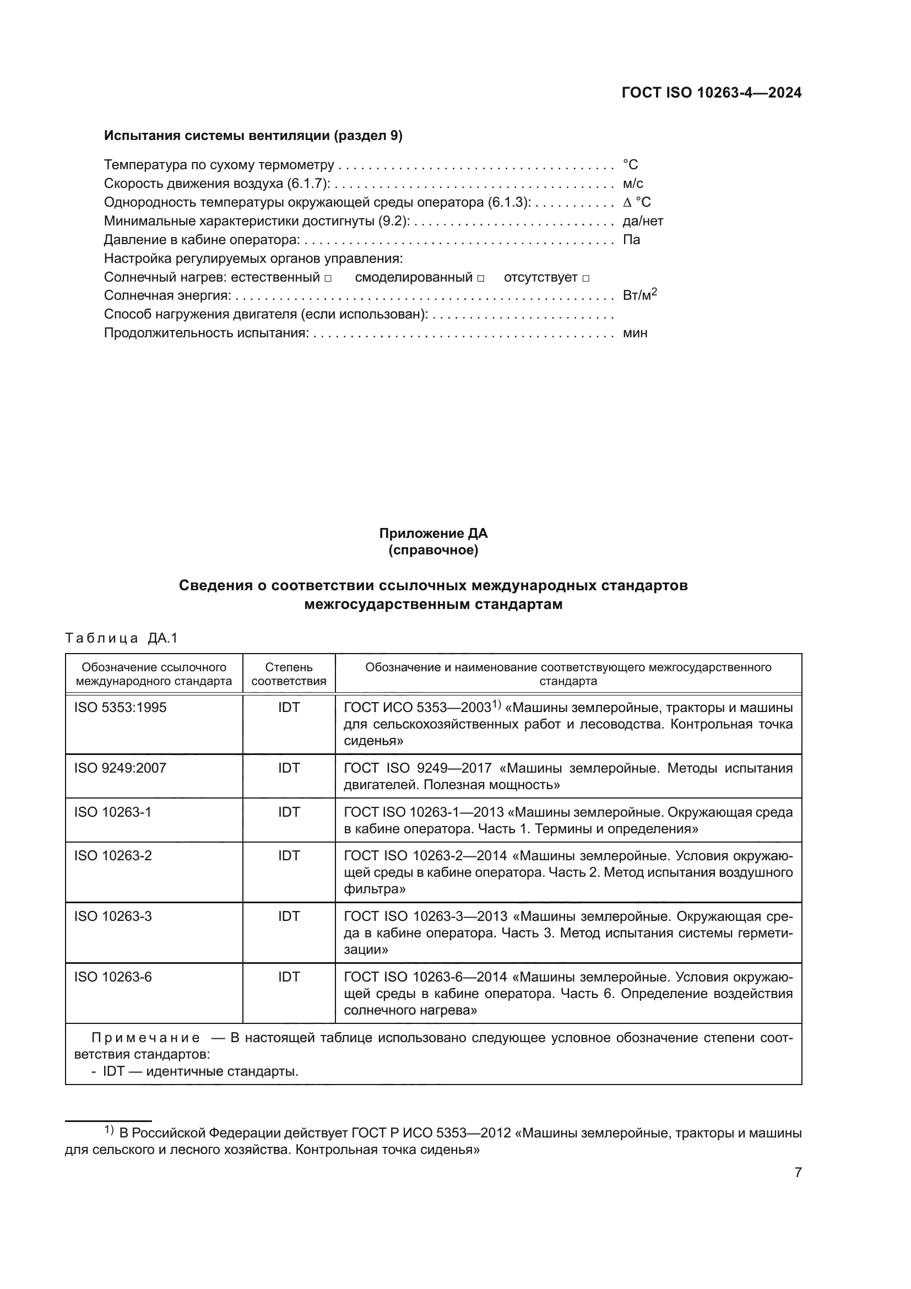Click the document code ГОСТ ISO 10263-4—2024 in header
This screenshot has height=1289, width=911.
(x=711, y=93)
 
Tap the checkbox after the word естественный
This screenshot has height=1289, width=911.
(x=328, y=278)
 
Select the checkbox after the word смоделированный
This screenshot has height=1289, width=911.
(x=481, y=278)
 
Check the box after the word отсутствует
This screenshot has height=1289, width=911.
(x=585, y=278)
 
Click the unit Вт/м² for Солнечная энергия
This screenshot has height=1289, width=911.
(x=639, y=295)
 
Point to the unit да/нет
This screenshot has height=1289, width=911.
(x=643, y=221)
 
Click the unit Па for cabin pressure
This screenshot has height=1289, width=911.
(x=631, y=240)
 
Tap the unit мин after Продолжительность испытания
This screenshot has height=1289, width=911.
(x=635, y=333)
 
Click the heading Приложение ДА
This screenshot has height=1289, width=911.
(x=433, y=533)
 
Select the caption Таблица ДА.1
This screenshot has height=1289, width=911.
(x=121, y=638)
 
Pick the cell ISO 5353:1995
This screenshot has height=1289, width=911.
(x=120, y=708)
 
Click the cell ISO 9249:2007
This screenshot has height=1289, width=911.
(x=120, y=768)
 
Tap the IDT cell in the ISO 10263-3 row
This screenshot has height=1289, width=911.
(x=289, y=916)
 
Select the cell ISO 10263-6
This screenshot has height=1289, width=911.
(x=113, y=977)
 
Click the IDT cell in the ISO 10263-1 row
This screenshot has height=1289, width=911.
(x=289, y=812)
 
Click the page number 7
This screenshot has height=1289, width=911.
(x=798, y=1172)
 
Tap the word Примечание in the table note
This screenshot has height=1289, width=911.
(x=145, y=1038)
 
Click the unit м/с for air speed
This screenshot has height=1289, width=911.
(x=633, y=184)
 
